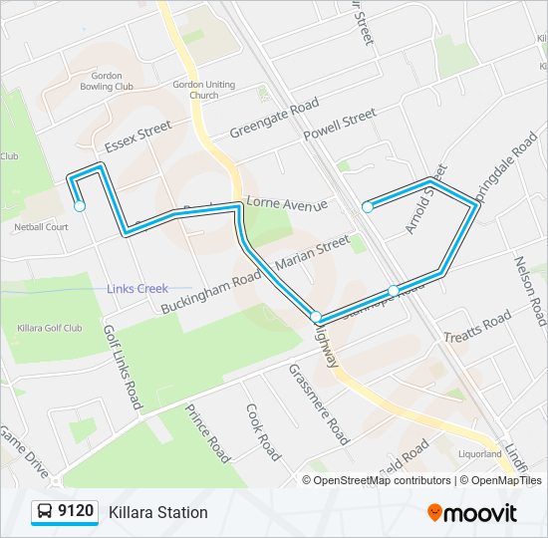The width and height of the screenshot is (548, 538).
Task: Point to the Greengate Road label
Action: tap(274, 119)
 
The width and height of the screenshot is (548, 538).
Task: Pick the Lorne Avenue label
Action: tap(287, 203)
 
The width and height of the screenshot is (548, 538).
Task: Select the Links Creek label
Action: tap(137, 289)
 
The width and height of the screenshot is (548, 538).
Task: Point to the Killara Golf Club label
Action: tap(50, 327)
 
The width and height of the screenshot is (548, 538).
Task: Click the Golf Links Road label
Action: tap(123, 367)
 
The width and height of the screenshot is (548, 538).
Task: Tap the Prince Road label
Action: tap(207, 432)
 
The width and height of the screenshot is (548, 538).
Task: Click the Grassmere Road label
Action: tap(319, 403)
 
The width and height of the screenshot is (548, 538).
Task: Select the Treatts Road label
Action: tap(477, 328)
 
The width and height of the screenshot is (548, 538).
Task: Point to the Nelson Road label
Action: tap(530, 291)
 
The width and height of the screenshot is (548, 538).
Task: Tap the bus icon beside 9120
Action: tap(45, 512)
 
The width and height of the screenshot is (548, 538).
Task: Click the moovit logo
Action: tap(472, 512)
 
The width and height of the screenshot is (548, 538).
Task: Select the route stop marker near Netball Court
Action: tap(80, 207)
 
